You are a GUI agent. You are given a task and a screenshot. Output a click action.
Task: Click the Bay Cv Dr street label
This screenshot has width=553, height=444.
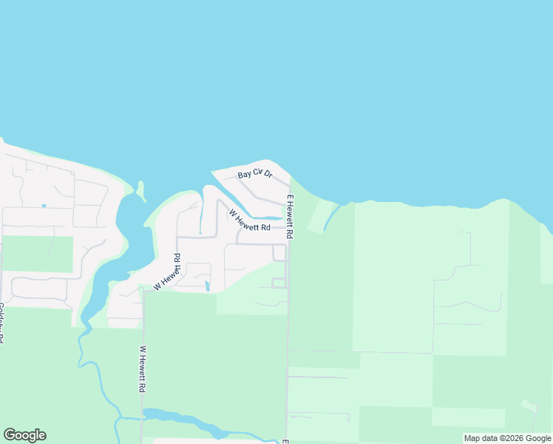click(x=255, y=175)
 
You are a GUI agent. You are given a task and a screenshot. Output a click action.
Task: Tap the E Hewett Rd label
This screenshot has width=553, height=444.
click(x=291, y=216)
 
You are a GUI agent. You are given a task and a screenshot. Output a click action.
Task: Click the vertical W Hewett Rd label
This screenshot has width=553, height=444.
click(x=141, y=369)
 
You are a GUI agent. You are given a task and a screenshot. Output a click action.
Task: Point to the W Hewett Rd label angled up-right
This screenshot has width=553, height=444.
click(x=167, y=272)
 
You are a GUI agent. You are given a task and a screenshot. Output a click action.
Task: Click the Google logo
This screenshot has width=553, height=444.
click(x=24, y=435)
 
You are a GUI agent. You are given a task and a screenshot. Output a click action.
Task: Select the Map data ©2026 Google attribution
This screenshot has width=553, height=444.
click(x=508, y=438)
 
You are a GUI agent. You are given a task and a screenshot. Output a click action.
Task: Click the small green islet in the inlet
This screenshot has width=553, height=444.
click(x=140, y=190)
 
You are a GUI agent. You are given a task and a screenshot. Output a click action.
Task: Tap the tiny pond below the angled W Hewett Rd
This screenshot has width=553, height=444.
click(x=208, y=286)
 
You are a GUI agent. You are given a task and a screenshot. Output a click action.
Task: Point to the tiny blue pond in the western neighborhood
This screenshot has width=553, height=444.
click(x=44, y=206)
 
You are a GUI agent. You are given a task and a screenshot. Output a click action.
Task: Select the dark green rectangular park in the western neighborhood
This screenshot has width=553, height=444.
click(x=37, y=254)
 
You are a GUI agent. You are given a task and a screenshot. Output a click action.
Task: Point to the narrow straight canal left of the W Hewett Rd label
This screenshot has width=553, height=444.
click(x=201, y=216)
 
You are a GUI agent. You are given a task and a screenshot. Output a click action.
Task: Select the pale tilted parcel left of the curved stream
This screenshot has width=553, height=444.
click(x=317, y=215)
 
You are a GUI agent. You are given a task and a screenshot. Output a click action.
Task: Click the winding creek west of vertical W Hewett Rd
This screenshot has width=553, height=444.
click(x=96, y=377)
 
